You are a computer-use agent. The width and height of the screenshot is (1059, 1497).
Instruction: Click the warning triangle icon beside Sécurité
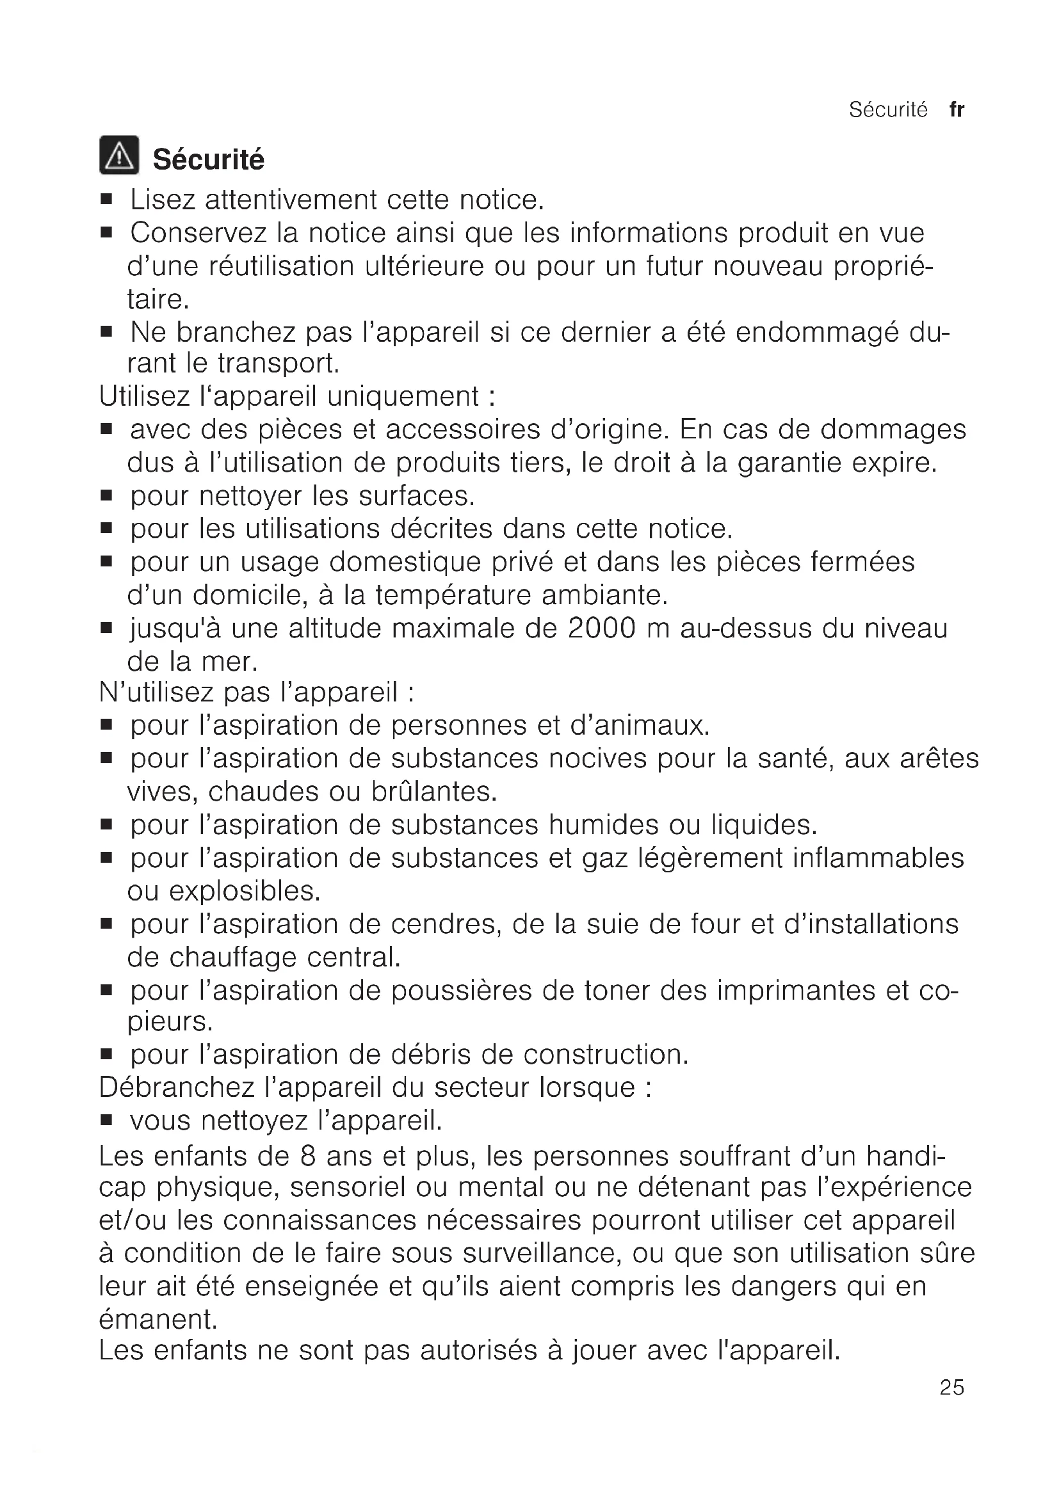pyautogui.click(x=118, y=155)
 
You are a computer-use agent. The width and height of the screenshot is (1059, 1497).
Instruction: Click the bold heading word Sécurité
pyautogui.click(x=209, y=160)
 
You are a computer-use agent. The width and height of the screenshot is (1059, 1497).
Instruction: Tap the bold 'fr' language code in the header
pyautogui.click(x=957, y=110)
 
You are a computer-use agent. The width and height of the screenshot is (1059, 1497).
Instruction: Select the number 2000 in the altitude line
pyautogui.click(x=602, y=628)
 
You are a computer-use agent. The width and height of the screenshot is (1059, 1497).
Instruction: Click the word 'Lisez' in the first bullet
pyautogui.click(x=163, y=200)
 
